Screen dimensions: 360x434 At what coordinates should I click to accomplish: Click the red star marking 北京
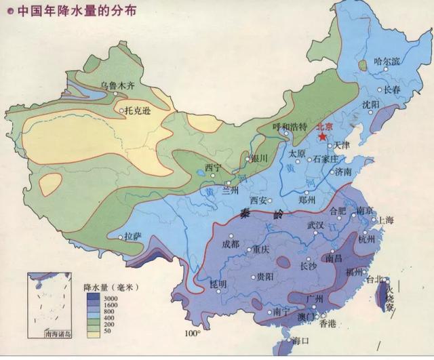coord(321,135)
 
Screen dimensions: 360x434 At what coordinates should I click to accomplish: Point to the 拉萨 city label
coord(133,237)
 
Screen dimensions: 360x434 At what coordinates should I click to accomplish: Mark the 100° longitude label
coord(193,334)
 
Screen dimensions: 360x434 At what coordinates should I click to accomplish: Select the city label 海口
coord(301,341)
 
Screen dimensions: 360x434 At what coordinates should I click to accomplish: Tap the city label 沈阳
coord(371,104)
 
